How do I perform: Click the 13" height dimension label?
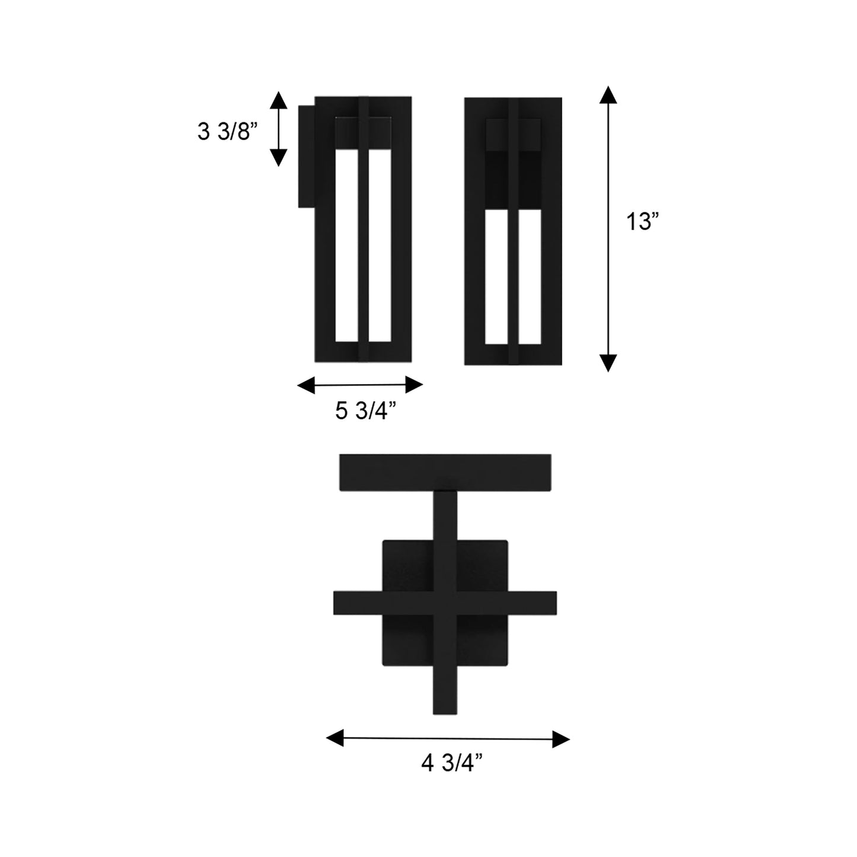coord(643,223)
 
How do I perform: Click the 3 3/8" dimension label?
coord(228,132)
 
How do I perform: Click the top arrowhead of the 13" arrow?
coord(608,95)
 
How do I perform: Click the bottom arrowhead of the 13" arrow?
coord(608,362)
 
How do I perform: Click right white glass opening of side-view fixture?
coord(380,246)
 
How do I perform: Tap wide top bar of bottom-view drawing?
coord(445,472)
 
